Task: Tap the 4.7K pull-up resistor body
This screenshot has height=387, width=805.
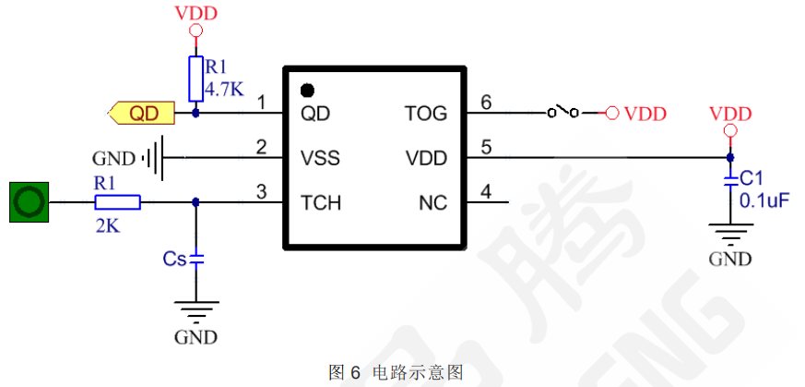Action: pyautogui.click(x=195, y=79)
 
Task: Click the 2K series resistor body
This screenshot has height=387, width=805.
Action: pyautogui.click(x=117, y=202)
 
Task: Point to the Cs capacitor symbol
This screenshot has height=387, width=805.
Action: pyautogui.click(x=195, y=260)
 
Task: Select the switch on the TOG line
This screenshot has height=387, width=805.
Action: pyautogui.click(x=562, y=113)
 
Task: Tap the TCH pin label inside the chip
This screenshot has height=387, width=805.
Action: pyautogui.click(x=321, y=202)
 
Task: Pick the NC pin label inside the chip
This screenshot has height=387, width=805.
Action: pyautogui.click(x=432, y=202)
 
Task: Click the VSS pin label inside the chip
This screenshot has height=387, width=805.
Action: pyautogui.click(x=320, y=158)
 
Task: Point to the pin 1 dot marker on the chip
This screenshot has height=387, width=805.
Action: pyautogui.click(x=307, y=91)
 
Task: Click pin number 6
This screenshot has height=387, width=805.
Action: pyautogui.click(x=487, y=102)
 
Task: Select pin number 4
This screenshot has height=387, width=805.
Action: pyautogui.click(x=487, y=191)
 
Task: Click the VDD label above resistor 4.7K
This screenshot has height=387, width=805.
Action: pyautogui.click(x=195, y=13)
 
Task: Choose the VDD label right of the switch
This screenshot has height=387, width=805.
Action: pyautogui.click(x=645, y=114)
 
